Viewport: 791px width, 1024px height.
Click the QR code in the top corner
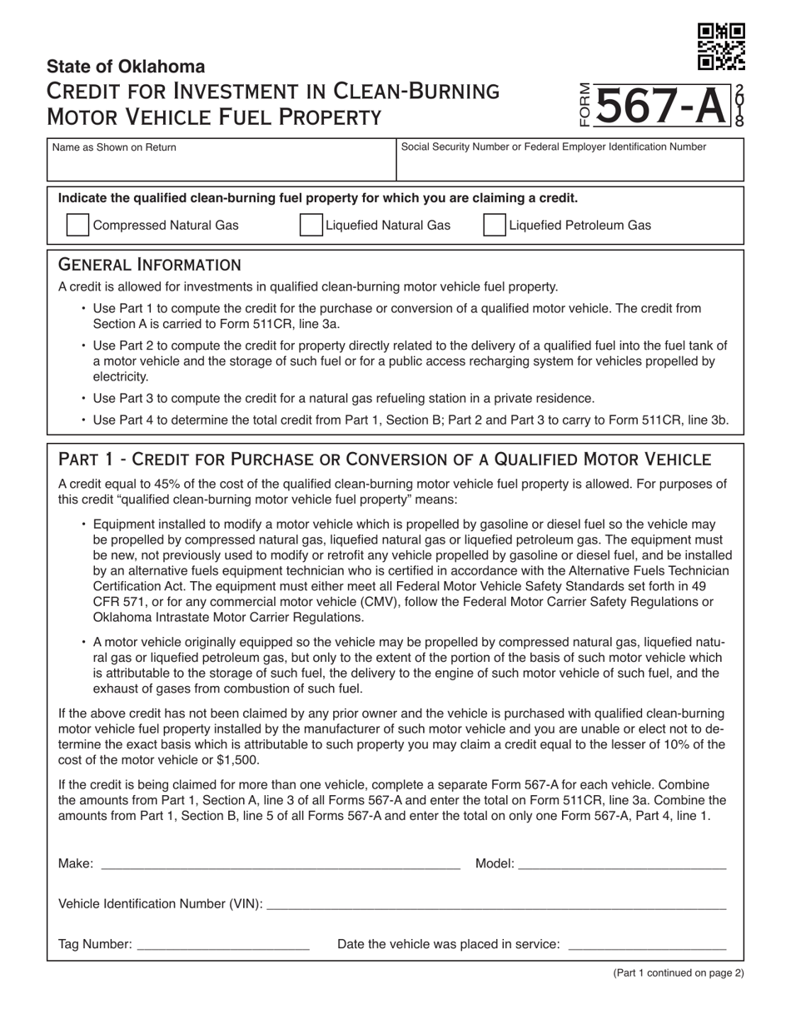click(721, 47)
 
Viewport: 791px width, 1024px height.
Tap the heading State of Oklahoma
click(126, 67)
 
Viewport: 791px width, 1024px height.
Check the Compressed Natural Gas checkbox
click(77, 226)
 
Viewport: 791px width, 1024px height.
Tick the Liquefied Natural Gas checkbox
click(311, 226)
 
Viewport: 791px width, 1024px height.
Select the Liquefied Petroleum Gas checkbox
click(494, 226)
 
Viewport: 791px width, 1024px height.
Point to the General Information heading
click(149, 265)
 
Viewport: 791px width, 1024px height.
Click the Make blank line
click(280, 864)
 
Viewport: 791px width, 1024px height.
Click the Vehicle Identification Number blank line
click(495, 904)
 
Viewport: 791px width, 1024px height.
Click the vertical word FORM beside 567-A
click(585, 106)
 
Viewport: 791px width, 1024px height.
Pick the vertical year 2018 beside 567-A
click(739, 106)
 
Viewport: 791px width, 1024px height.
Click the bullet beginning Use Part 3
click(343, 398)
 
